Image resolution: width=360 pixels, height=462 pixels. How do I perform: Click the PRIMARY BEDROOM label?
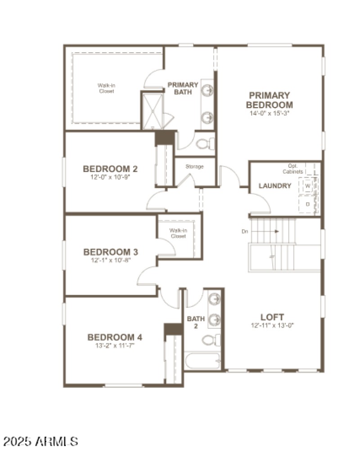(269, 100)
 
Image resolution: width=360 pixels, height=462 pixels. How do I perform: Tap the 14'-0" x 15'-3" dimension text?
(269, 113)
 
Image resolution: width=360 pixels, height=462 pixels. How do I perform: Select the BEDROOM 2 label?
(110, 169)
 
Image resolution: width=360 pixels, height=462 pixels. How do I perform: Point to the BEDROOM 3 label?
(110, 252)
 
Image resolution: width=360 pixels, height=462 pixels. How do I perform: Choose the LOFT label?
(272, 317)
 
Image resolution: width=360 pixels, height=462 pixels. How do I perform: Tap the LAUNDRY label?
(275, 186)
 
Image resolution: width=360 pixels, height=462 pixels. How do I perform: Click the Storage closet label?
(194, 166)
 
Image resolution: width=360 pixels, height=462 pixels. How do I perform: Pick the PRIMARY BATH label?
(183, 88)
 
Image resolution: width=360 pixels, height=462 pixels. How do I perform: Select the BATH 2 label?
(196, 322)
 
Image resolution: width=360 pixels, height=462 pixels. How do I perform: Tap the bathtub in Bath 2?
(202, 361)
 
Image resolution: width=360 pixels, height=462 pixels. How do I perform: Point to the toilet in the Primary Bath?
(205, 144)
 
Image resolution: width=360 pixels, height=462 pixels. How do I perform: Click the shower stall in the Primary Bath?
(152, 110)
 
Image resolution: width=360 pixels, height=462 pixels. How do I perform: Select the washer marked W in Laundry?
(308, 185)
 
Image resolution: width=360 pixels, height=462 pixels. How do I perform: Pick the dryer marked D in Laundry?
(308, 204)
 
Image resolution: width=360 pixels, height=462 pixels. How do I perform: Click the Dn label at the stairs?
(245, 231)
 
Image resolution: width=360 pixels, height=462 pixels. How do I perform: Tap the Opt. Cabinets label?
(292, 169)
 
